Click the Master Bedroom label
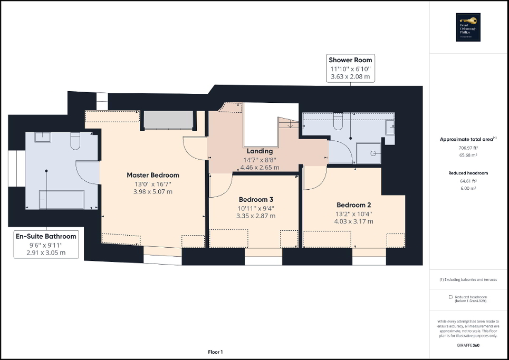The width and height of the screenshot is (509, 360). pos(152,175)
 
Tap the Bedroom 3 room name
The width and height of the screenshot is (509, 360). pos(256,200)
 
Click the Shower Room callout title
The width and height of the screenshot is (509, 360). pos(350,60)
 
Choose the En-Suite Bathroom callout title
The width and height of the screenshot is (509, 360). pos(46,236)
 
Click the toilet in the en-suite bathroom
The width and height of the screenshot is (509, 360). pos(74,141)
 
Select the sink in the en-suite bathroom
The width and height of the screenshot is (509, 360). pos(43,137)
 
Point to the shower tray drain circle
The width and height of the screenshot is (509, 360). pos(373,153)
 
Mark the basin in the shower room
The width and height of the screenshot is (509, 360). pos(389,127)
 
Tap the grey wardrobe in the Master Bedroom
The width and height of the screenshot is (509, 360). pos(168,121)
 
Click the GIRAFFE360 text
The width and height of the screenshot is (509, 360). pos(468,345)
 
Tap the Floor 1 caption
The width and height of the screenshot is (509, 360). pos(215,352)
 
